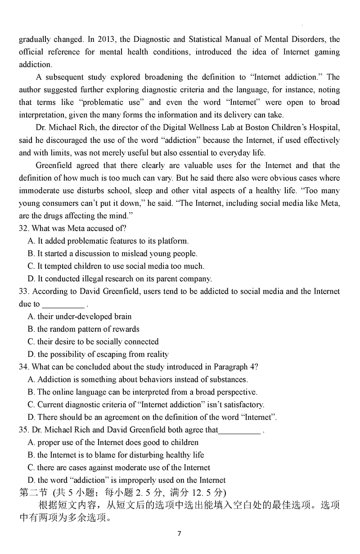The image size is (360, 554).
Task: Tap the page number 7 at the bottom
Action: click(x=179, y=534)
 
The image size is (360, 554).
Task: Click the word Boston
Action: click(x=255, y=127)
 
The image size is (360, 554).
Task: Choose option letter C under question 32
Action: click(x=31, y=266)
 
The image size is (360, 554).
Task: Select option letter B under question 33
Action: click(x=31, y=329)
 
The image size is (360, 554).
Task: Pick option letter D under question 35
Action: click(x=31, y=480)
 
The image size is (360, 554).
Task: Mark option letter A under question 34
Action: click(x=31, y=379)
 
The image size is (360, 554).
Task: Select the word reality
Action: click(x=156, y=354)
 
